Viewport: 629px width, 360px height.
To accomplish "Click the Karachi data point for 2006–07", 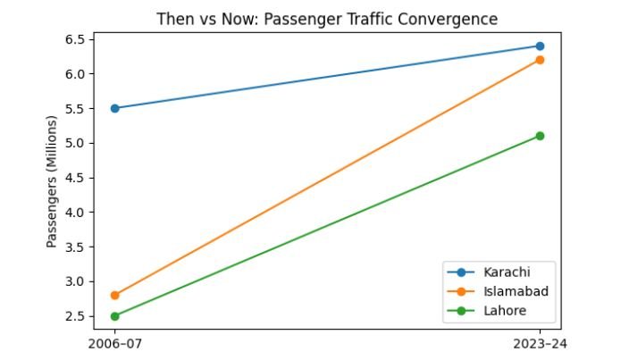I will [115, 108].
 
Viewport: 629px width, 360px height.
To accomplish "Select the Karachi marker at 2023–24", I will [540, 46].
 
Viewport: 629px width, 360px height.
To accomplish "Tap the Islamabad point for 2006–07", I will [115, 295].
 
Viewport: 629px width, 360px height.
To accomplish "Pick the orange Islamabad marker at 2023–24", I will [540, 60].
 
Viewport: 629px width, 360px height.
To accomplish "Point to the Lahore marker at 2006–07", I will [115, 316].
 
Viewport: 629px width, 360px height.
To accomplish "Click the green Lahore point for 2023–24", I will [540, 136].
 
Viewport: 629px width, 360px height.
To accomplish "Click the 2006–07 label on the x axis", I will [115, 343].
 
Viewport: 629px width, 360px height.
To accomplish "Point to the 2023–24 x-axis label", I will [540, 343].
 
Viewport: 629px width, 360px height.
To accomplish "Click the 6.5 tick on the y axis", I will [73, 39].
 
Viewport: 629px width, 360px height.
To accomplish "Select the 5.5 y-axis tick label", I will [73, 108].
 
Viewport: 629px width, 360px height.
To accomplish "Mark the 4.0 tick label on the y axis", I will [73, 213].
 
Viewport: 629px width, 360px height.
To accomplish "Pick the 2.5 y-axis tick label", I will [73, 316].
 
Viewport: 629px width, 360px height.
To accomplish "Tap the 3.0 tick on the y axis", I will [73, 281].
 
